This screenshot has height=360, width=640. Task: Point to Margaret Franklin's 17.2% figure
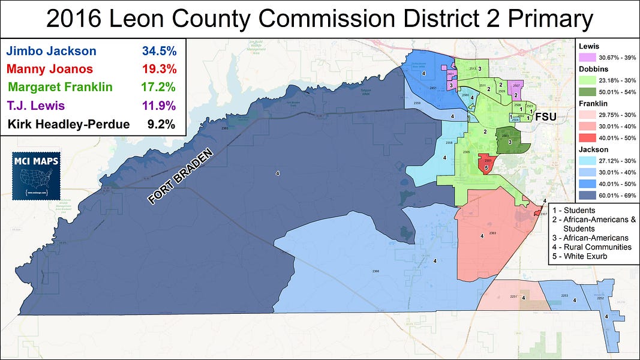(x=158, y=87)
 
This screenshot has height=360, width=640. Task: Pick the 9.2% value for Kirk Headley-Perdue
(x=161, y=125)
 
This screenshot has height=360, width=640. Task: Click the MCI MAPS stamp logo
(x=36, y=176)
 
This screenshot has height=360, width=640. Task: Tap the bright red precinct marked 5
(x=486, y=164)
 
